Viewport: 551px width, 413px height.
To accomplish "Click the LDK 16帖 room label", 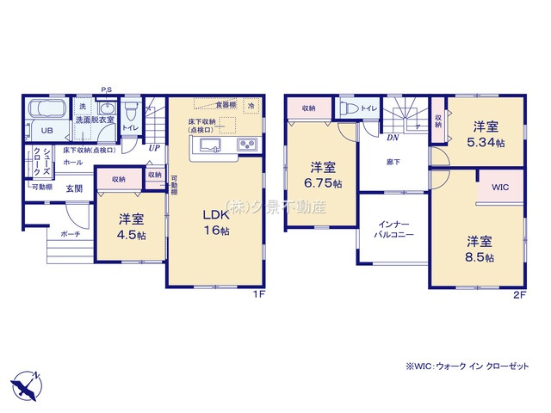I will pos(215,222).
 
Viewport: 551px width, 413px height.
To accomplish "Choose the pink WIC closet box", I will pos(500,188).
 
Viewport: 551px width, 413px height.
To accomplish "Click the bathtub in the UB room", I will pos(46,111).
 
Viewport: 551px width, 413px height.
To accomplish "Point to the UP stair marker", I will pos(153,148).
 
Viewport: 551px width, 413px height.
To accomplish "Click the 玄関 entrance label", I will pos(75,188).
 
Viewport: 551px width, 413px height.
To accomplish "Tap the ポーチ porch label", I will pos(71,233).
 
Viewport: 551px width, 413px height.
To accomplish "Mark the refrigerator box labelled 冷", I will pos(251,105).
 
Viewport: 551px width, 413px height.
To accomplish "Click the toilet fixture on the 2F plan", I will pos(350,109).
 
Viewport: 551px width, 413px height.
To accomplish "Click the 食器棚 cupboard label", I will pos(226,105).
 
